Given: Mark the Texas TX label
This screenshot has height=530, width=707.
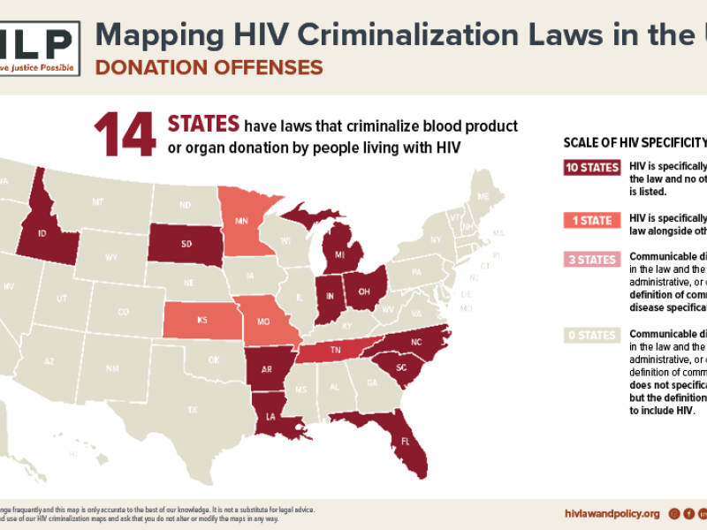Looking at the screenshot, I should (x=192, y=409).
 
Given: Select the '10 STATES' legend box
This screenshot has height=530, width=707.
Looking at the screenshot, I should (x=591, y=168).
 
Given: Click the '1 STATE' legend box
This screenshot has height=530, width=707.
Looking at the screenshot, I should (x=591, y=220).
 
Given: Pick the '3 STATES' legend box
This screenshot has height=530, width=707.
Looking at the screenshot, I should (x=591, y=260).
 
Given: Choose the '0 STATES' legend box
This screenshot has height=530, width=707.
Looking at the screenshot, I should (x=591, y=335).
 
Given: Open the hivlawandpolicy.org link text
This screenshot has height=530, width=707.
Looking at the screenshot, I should (x=612, y=513).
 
